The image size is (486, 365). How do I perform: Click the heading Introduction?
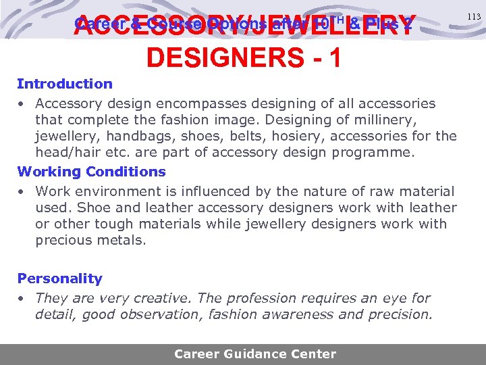click(65, 84)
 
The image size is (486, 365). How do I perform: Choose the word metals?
click(124, 241)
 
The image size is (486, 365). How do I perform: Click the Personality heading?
click(60, 278)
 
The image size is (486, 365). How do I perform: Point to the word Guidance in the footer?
click(254, 354)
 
